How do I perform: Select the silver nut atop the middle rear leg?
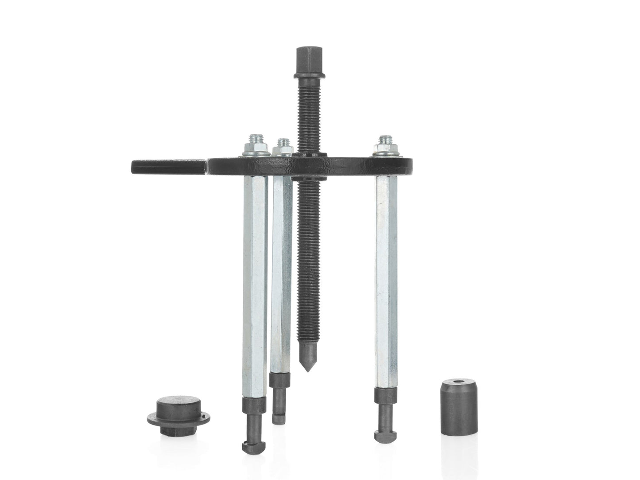282,147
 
